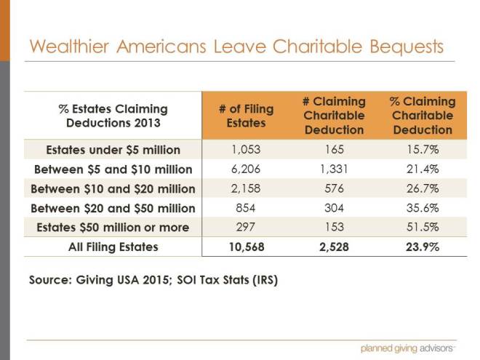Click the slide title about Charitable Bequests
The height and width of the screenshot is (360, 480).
point(236,47)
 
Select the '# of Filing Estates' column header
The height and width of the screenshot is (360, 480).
point(246,116)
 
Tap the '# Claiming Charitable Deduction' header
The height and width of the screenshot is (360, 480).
point(335,116)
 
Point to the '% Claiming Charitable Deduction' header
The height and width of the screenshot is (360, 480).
point(423,116)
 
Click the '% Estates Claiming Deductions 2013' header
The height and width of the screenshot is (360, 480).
point(113,116)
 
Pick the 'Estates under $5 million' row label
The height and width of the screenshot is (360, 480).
point(113,151)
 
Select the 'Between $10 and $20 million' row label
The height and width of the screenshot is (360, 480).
point(113,189)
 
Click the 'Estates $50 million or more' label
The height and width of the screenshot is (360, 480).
point(113,228)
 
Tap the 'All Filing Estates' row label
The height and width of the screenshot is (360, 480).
point(113,247)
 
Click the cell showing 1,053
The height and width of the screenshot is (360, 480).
point(246,151)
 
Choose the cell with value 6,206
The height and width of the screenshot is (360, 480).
point(246,170)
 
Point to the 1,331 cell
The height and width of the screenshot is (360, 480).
point(335,170)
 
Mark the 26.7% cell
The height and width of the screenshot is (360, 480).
point(423,189)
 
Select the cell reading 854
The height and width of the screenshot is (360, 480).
point(246,209)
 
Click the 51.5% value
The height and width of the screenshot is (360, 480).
point(423,228)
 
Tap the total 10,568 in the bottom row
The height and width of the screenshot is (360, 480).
point(246,247)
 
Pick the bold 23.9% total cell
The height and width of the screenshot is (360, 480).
point(423,247)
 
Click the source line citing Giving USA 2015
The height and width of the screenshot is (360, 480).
point(153,279)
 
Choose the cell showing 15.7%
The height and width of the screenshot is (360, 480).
point(423,151)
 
